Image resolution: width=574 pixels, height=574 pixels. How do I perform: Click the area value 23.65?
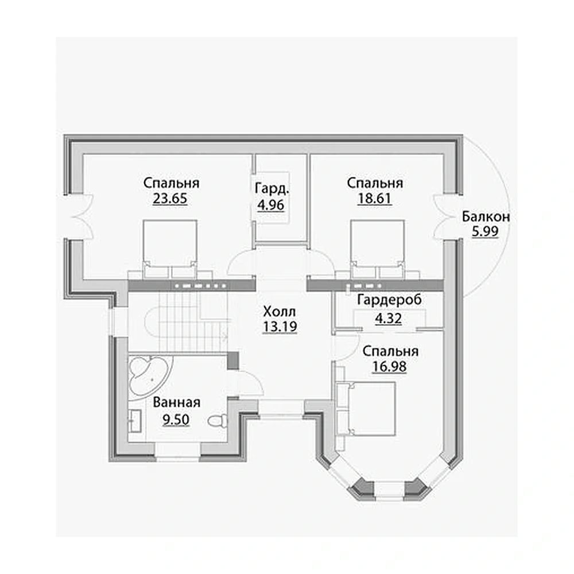click(x=170, y=199)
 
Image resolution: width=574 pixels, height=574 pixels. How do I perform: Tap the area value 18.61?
click(x=374, y=199)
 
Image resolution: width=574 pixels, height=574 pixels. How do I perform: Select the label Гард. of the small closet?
click(x=272, y=189)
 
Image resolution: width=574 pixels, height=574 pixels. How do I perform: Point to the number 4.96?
click(x=271, y=205)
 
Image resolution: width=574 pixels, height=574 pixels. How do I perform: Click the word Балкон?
click(x=486, y=216)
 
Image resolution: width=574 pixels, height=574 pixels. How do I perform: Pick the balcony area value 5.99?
click(x=485, y=231)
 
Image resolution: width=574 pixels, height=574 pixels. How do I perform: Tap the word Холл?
click(x=280, y=312)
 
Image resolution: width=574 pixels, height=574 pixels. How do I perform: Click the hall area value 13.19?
click(x=280, y=327)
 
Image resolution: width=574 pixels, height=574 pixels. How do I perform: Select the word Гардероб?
click(x=390, y=300)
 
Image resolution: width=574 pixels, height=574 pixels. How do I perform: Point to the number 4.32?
click(x=389, y=319)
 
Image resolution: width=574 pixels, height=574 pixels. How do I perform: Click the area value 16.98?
click(x=389, y=366)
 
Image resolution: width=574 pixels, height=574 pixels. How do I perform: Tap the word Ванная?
click(x=176, y=402)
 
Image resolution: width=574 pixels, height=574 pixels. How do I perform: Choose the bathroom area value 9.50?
click(x=176, y=420)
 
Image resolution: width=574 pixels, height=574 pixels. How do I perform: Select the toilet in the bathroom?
click(x=218, y=420)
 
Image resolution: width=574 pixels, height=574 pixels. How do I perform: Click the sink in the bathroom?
click(x=135, y=421)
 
